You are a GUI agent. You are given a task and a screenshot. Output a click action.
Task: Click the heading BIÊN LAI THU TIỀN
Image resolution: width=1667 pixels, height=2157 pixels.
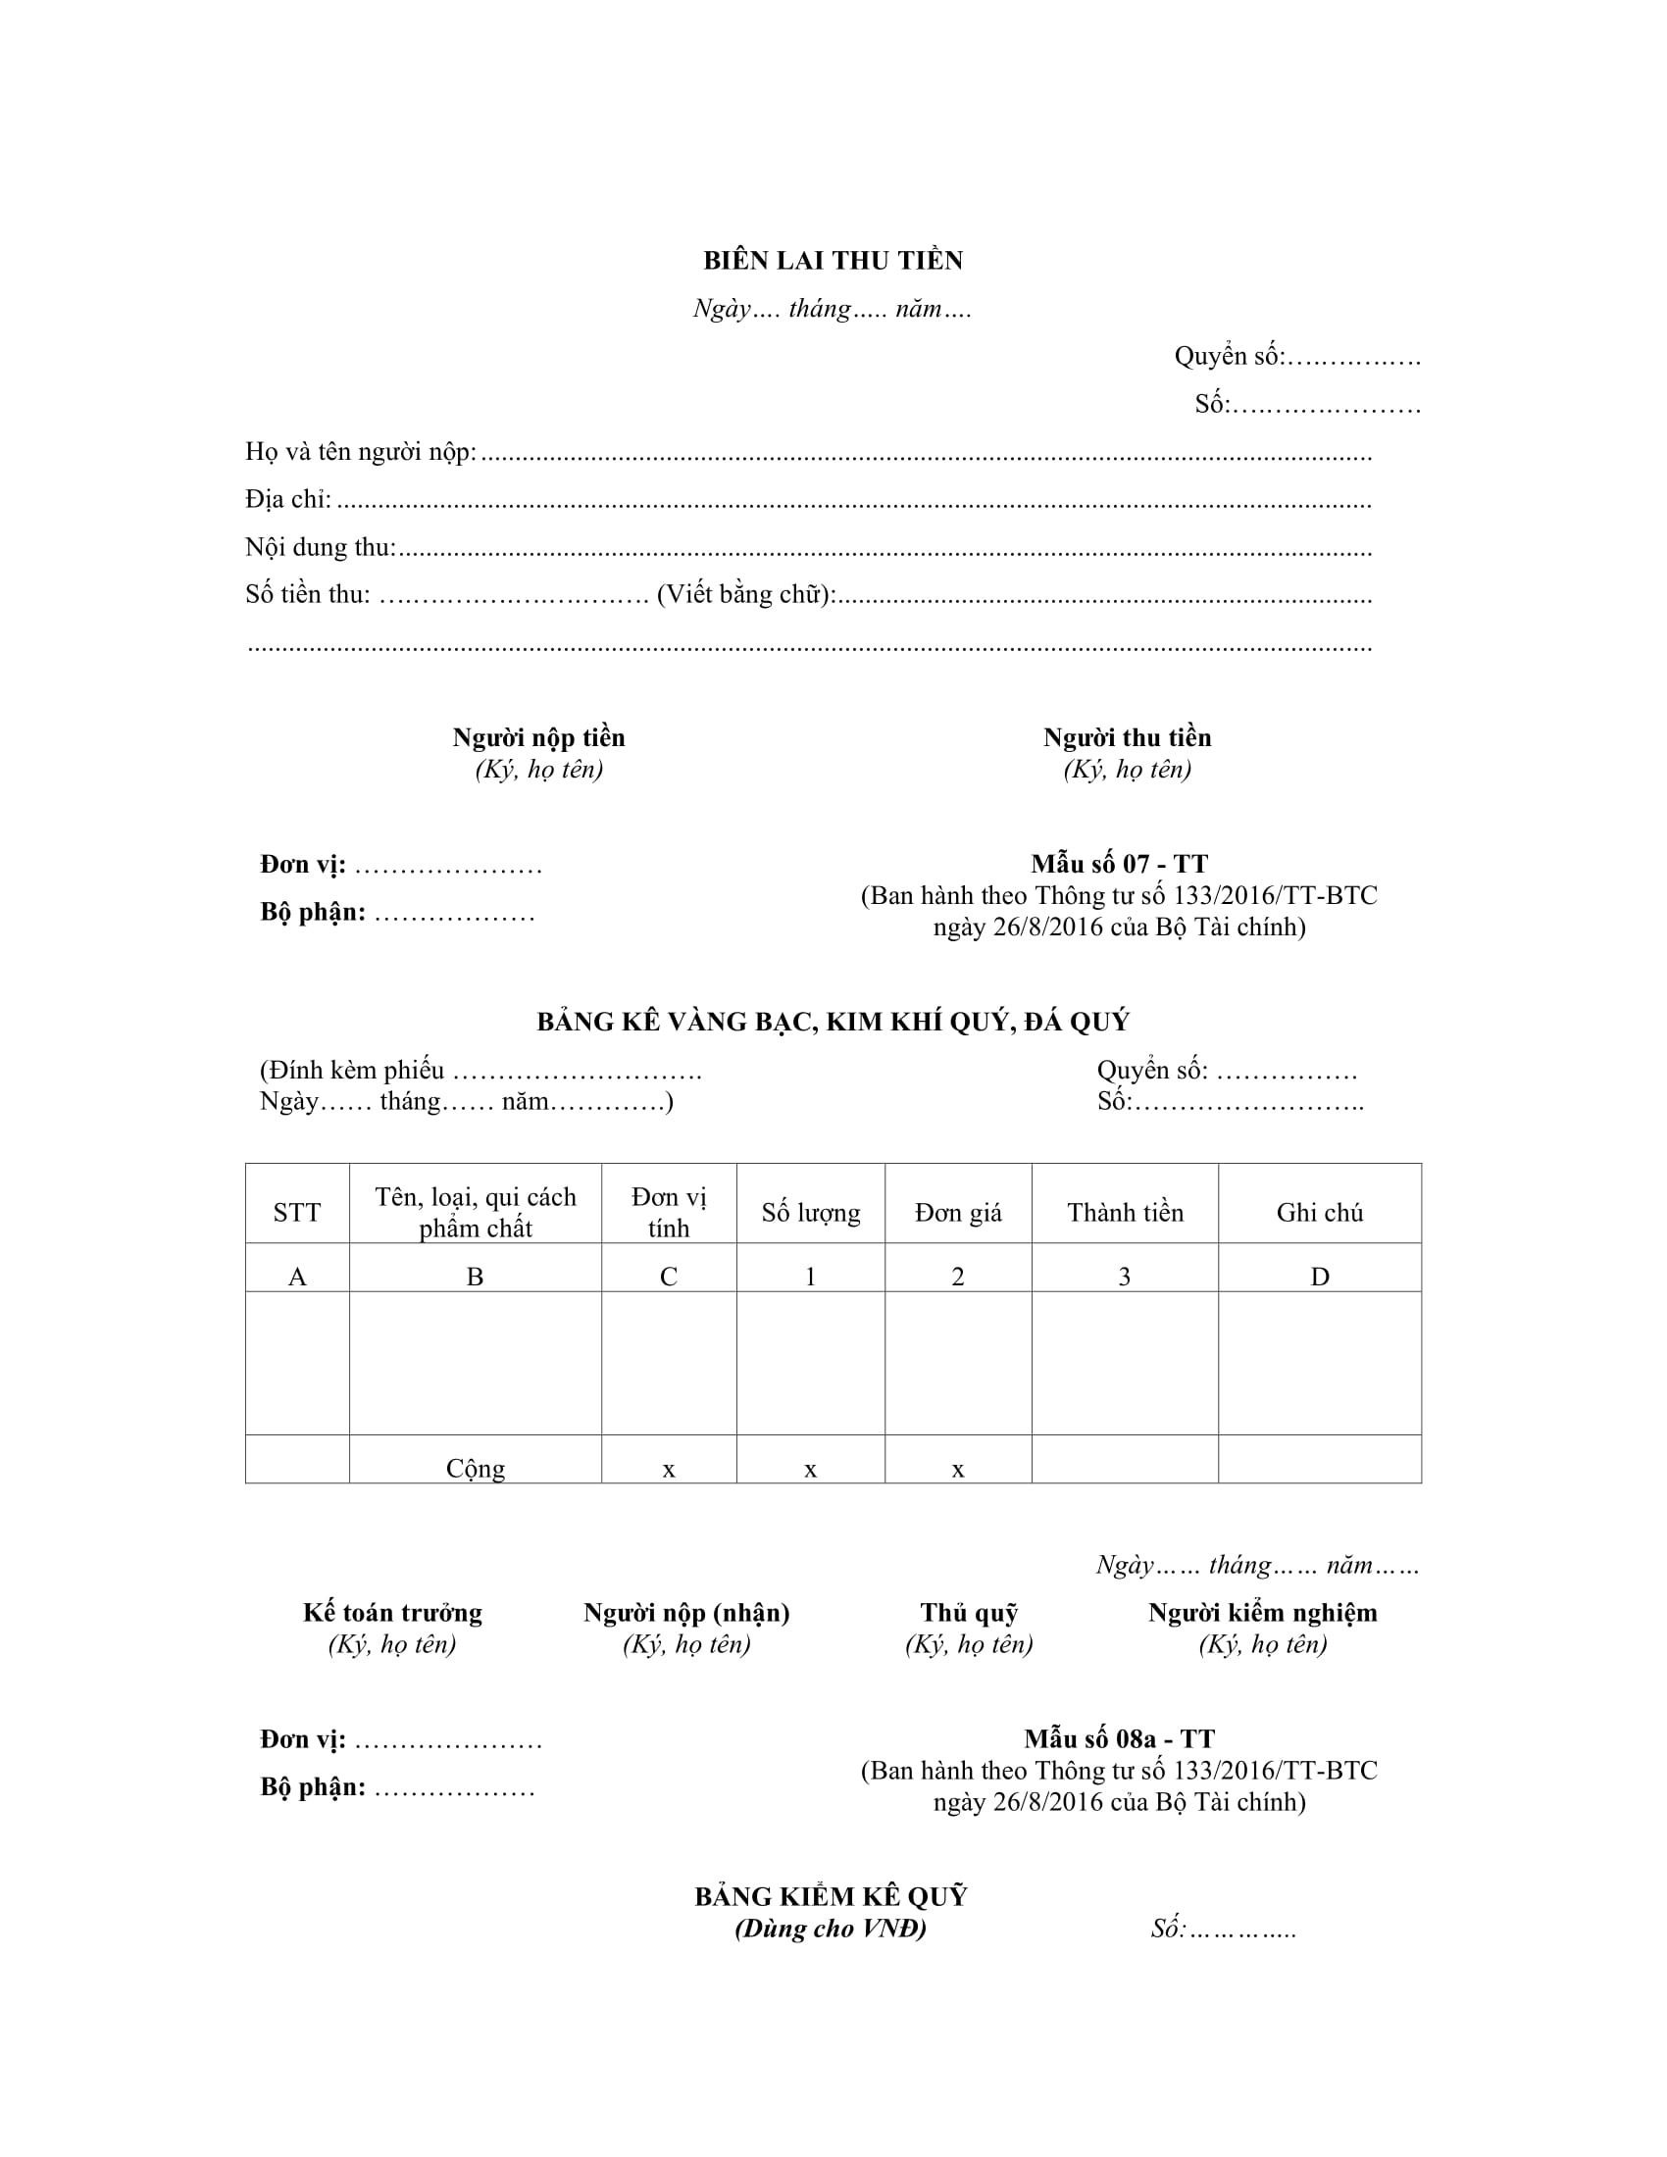tap(833, 261)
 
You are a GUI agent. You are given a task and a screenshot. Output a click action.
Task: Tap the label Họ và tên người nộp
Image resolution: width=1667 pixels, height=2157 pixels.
tap(361, 452)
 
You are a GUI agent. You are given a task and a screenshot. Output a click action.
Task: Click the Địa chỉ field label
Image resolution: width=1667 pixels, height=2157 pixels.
tap(287, 500)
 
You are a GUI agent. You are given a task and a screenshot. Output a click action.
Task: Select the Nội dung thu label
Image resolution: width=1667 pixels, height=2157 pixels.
tap(320, 547)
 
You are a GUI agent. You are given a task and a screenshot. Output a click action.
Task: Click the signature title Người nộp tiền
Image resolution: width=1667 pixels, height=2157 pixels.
tap(538, 737)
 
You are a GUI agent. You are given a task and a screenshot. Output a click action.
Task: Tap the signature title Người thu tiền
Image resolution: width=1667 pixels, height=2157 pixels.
tap(1127, 737)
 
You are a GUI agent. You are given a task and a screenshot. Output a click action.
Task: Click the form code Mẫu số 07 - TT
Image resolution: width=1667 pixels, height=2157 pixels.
tap(1119, 864)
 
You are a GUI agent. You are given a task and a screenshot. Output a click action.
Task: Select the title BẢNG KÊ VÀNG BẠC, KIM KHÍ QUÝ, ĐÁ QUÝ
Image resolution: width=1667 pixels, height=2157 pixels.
tap(833, 1022)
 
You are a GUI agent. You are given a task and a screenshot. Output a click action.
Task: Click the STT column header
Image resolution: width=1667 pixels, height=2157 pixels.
tap(296, 1213)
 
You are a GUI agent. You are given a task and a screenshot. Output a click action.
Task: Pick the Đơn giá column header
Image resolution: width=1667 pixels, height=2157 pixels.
tap(958, 1213)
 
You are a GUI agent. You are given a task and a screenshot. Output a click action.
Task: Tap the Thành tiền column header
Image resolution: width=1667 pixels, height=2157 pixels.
tap(1125, 1213)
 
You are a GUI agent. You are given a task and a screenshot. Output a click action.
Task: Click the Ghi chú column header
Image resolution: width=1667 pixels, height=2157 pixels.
tap(1319, 1213)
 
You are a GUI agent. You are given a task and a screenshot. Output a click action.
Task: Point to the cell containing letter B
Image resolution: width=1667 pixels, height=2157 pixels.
tap(475, 1277)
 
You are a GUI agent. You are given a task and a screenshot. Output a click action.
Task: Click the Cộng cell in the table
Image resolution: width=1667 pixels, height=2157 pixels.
tap(475, 1469)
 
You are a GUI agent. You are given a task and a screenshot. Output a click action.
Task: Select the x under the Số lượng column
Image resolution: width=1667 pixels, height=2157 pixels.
tap(810, 1470)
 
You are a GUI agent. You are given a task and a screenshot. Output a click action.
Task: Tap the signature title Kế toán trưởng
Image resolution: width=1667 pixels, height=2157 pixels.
tap(392, 1613)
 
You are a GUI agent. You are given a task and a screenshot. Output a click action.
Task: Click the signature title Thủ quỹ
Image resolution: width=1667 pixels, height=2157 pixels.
tap(969, 1613)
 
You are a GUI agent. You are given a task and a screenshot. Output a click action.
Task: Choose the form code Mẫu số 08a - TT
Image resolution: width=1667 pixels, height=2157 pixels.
tap(1119, 1739)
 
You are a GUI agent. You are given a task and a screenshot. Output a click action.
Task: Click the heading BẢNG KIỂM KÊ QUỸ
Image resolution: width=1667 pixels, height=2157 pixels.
tap(831, 1896)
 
